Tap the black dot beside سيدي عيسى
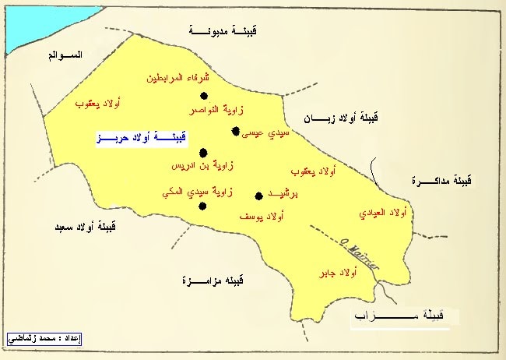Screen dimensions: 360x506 coord(235,131)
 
